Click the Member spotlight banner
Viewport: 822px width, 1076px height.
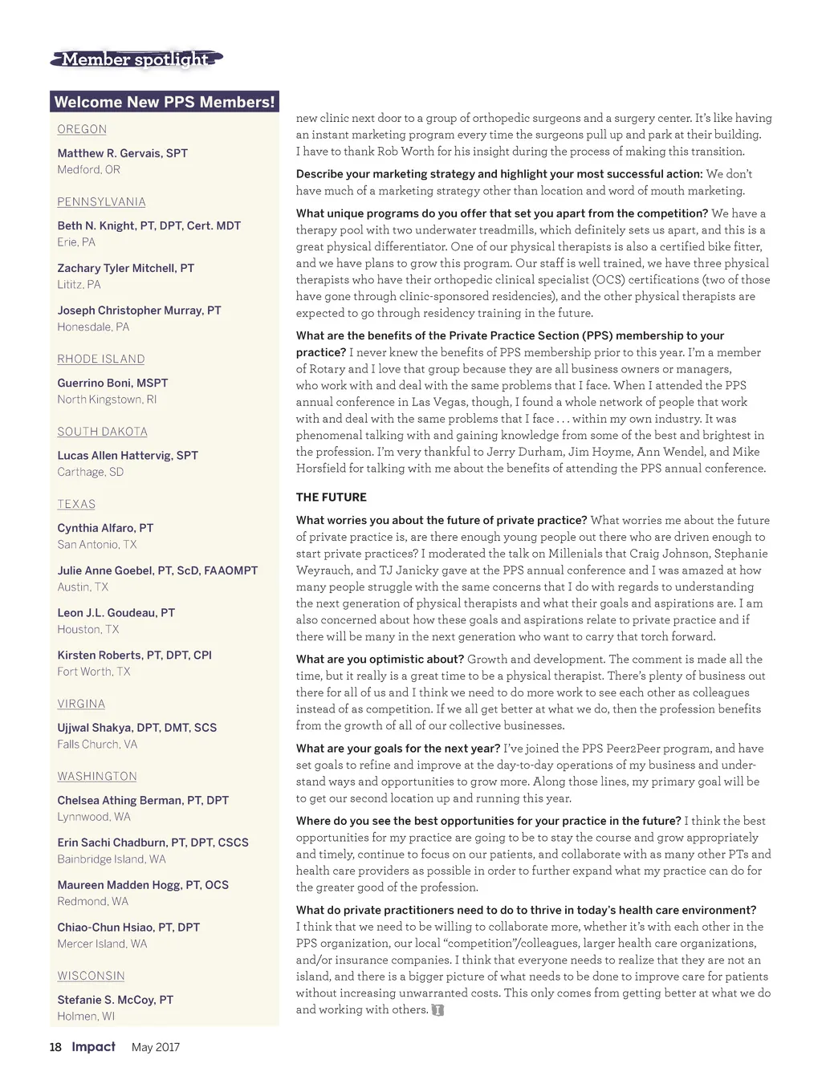pyautogui.click(x=136, y=59)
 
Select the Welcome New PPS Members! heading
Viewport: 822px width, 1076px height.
pyautogui.click(x=165, y=102)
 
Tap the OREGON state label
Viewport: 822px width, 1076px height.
pyautogui.click(x=82, y=129)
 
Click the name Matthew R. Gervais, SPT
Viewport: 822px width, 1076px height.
pyautogui.click(x=122, y=153)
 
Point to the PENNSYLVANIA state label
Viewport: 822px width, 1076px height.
pyautogui.click(x=101, y=202)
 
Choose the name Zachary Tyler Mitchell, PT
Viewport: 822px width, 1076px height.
pyautogui.click(x=125, y=268)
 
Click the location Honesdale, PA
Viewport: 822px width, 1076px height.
pyautogui.click(x=93, y=327)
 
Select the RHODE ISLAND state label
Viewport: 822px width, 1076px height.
pyautogui.click(x=101, y=359)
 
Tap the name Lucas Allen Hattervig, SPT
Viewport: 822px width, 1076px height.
pyautogui.click(x=128, y=456)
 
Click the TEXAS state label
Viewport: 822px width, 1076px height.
pyautogui.click(x=76, y=504)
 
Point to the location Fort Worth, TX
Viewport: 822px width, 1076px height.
pyautogui.click(x=93, y=672)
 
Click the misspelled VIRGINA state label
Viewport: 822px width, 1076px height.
pyautogui.click(x=81, y=704)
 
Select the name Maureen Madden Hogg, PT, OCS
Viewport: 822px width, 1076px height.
pyautogui.click(x=143, y=885)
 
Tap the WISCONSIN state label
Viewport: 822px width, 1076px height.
pyautogui.click(x=91, y=976)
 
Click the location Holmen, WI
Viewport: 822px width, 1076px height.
pyautogui.click(x=86, y=1017)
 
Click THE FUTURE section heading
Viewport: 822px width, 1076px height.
pyautogui.click(x=331, y=497)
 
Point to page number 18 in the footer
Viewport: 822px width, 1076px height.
pyautogui.click(x=55, y=1047)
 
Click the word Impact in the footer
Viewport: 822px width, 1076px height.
pyautogui.click(x=93, y=1046)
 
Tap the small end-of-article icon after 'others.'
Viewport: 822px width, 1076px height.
pyautogui.click(x=437, y=1010)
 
